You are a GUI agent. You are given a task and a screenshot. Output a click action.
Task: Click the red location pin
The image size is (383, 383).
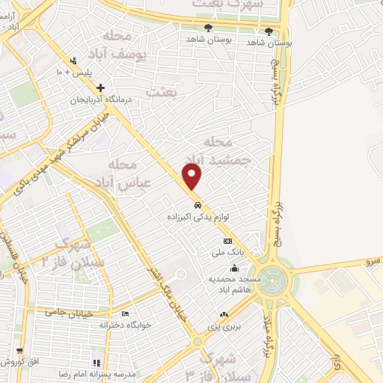tap(194, 177)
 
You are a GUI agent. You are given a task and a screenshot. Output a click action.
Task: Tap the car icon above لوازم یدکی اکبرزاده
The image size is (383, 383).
tap(196, 204)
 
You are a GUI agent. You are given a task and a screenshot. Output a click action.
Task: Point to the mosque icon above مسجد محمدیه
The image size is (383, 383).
tap(235, 269)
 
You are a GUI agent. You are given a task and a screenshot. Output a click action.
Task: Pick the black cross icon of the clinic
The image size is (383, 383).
tap(101, 88)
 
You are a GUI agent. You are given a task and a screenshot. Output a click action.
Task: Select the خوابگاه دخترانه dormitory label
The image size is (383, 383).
tap(104, 325)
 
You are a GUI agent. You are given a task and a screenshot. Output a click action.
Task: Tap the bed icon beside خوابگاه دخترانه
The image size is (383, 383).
tap(125, 313)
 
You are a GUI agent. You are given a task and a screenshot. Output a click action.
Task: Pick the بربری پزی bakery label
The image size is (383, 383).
tap(222, 328)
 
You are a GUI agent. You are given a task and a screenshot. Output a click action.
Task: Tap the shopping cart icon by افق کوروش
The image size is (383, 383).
tap(19, 350)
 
